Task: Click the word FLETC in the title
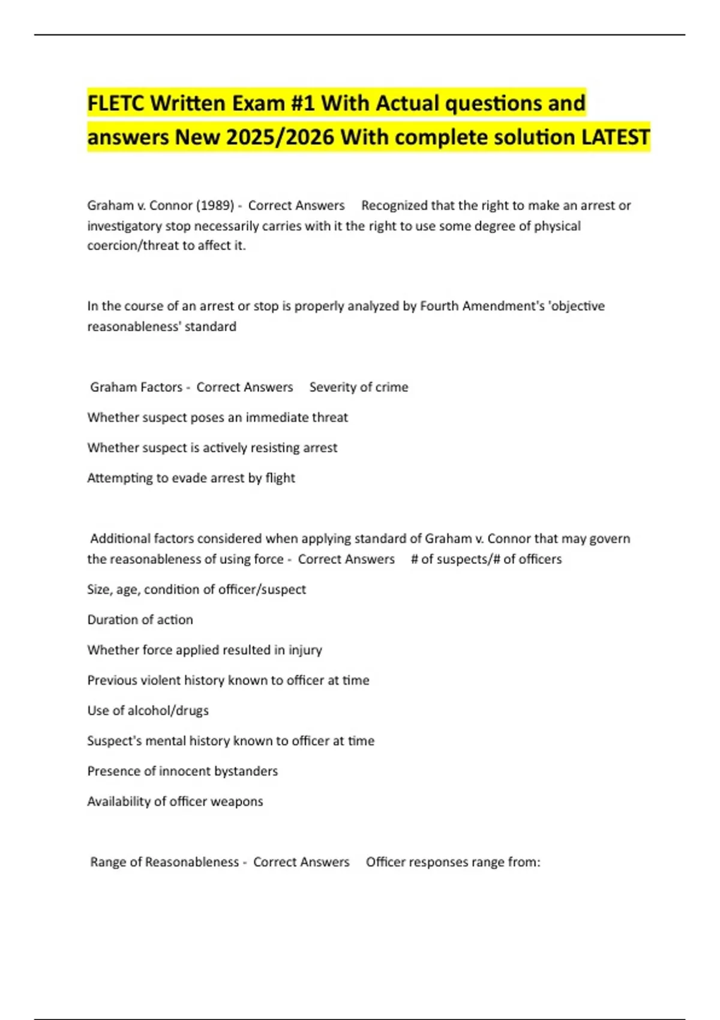pos(116,103)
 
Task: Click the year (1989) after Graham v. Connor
pos(215,205)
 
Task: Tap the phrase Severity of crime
pos(359,387)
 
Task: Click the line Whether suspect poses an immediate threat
pos(217,418)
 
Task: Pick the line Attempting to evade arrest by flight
pos(191,478)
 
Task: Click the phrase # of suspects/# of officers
pos(486,559)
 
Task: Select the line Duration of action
pos(140,620)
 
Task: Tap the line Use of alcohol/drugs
pos(148,710)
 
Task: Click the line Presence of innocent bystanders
pos(182,771)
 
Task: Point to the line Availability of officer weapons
pos(175,802)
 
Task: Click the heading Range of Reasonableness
pos(164,862)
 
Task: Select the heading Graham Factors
pos(136,387)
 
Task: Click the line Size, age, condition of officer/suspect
pos(196,589)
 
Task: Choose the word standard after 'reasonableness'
pos(212,326)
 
